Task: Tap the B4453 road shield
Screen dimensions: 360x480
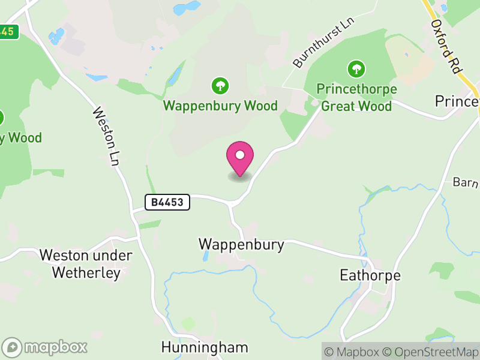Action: pos(167,203)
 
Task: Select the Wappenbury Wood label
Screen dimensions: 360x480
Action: pos(221,106)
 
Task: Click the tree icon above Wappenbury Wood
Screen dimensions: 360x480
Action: pos(220,86)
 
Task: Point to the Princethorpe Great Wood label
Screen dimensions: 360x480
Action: pos(356,98)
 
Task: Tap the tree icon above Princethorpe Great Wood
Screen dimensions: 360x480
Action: pos(356,69)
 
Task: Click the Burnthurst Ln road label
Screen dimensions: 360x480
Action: pos(324,42)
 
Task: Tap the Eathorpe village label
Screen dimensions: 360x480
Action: pos(370,275)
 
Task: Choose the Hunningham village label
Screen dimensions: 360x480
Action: pos(205,347)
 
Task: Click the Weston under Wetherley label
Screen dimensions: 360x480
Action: pos(86,264)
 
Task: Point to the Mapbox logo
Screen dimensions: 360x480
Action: pos(46,347)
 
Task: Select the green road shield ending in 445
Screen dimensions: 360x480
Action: pos(8,31)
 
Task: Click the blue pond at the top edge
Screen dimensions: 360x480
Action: pos(187,8)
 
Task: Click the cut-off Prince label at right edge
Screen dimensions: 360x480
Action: pos(457,101)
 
